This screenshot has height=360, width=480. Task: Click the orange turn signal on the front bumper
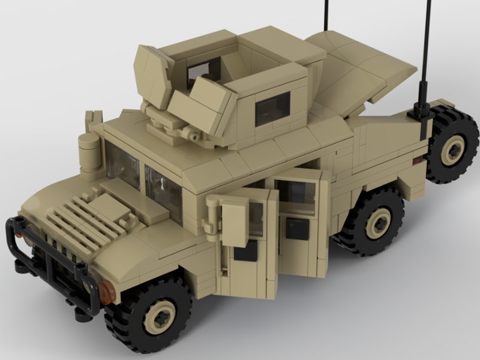tap(107, 291)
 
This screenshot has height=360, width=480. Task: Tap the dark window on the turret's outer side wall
tap(273, 108)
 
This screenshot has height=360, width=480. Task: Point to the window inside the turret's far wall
tap(204, 69)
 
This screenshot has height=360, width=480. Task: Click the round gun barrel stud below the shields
tap(195, 136)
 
